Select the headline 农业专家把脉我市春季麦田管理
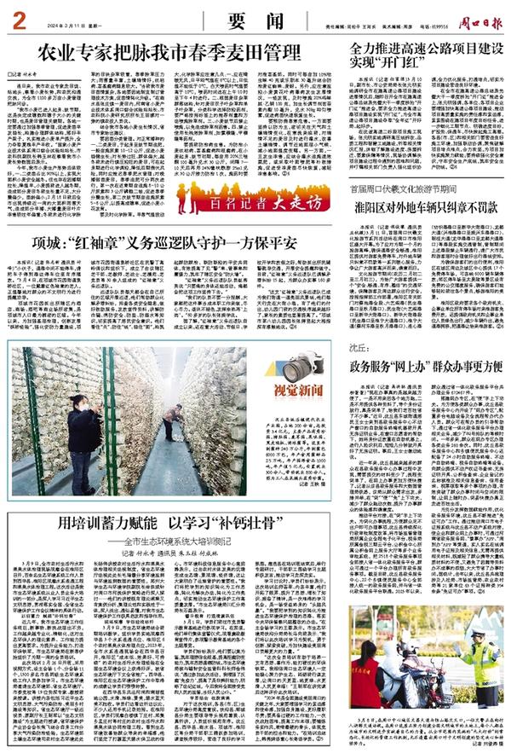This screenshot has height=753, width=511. click(x=166, y=57)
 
